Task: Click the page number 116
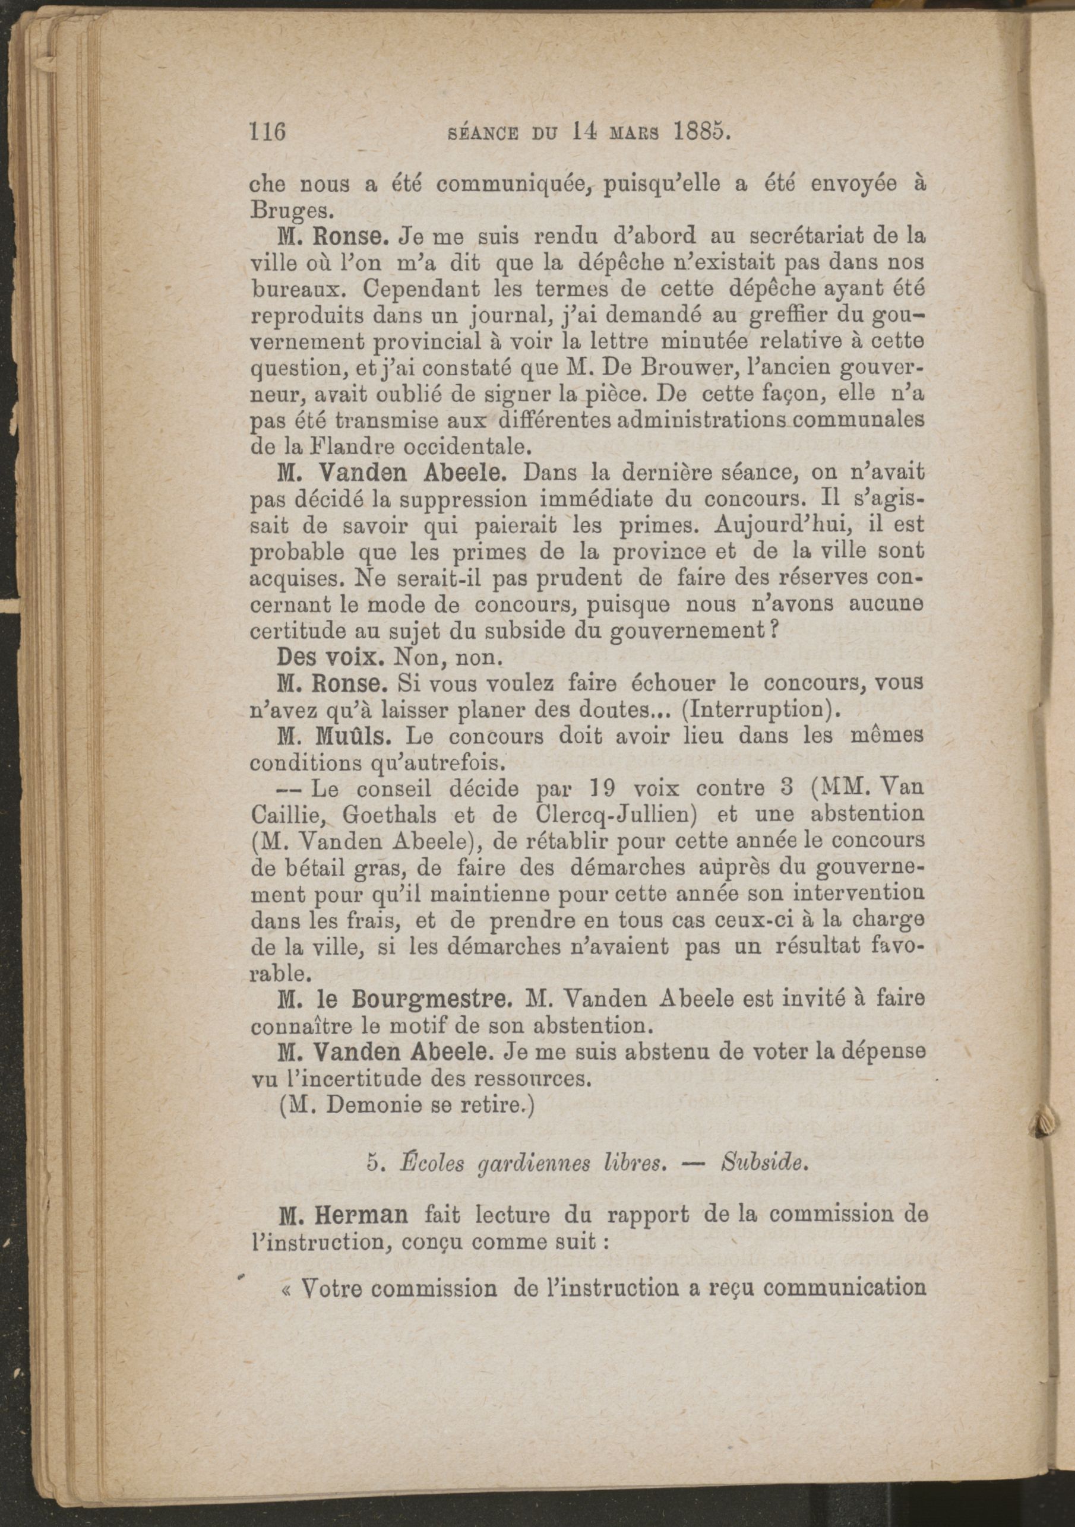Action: point(267,132)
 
